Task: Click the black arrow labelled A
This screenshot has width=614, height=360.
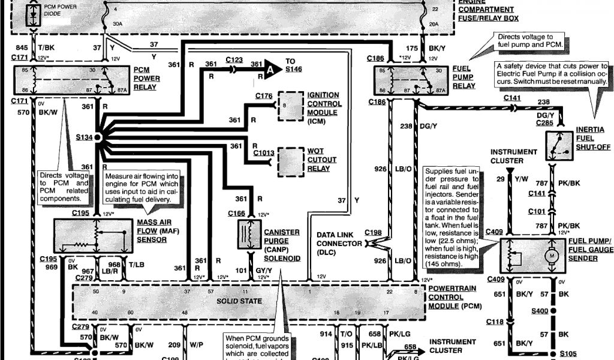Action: tap(273, 68)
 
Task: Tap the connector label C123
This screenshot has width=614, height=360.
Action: tap(234, 59)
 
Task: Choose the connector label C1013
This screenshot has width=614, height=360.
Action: tap(263, 152)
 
